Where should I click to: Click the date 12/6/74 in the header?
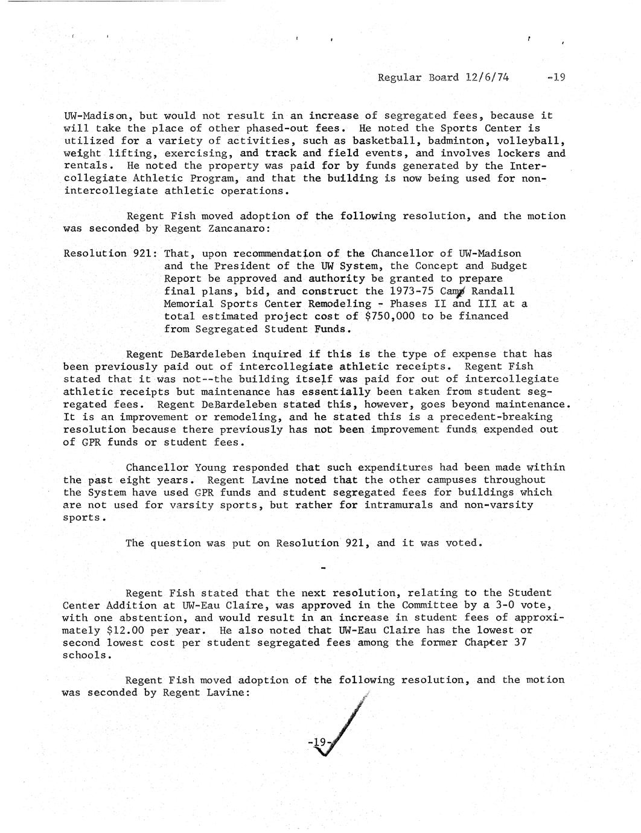(x=486, y=77)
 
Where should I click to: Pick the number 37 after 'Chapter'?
(x=519, y=643)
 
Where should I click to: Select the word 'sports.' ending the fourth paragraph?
(x=84, y=517)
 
